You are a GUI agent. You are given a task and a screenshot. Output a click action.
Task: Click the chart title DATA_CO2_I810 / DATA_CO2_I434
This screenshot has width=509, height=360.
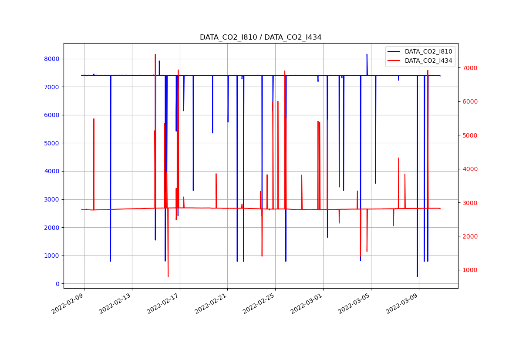[260, 37]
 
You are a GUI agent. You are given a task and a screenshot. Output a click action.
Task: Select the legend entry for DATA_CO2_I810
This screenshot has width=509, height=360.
[428, 51]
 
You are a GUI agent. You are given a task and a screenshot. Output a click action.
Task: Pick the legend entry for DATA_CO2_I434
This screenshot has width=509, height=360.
[428, 61]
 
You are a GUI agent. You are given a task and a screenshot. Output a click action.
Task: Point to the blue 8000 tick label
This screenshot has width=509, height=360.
[52, 59]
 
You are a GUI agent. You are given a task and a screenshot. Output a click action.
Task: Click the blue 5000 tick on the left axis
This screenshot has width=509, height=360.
[52, 143]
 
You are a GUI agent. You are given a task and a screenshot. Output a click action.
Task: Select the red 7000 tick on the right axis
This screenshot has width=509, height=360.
[469, 68]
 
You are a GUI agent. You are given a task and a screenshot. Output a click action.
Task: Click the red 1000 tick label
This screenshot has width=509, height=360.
[469, 270]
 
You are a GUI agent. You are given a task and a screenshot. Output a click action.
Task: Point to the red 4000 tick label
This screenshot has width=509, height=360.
[469, 169]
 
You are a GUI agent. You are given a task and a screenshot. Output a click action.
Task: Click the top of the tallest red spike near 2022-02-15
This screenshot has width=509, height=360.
[155, 54]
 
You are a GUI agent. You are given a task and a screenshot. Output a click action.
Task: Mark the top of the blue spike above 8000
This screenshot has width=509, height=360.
[367, 54]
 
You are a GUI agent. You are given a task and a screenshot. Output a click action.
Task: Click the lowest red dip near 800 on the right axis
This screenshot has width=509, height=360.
[168, 277]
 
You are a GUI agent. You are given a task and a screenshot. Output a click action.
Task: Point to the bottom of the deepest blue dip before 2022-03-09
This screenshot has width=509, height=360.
[417, 277]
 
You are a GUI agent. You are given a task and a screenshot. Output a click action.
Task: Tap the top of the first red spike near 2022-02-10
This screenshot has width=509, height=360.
[94, 119]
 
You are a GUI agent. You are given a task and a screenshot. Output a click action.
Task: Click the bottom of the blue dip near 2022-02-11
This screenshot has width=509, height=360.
[111, 261]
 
